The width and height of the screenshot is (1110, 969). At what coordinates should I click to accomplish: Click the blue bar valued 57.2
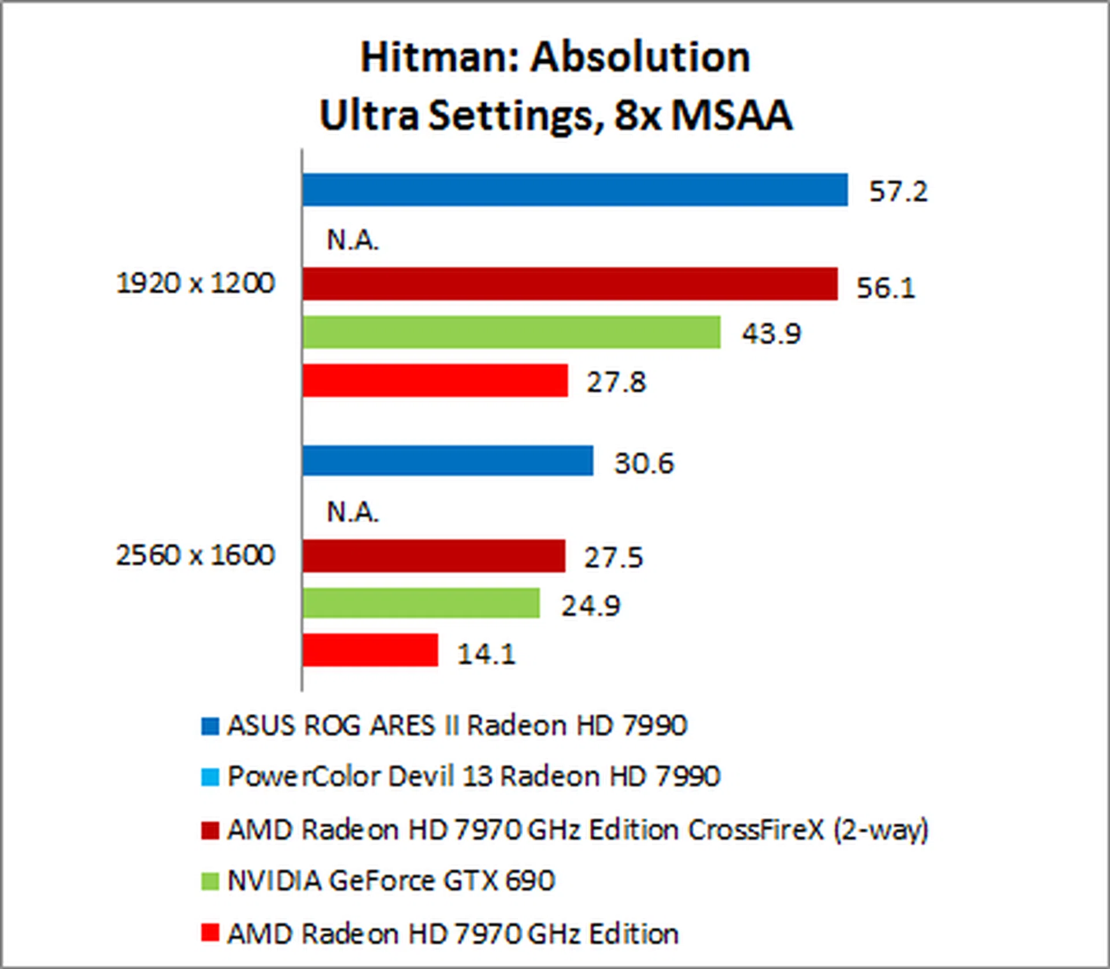pos(575,190)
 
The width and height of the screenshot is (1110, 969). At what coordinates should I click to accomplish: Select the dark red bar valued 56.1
pos(569,284)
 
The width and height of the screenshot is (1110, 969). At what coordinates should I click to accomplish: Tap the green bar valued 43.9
pos(511,332)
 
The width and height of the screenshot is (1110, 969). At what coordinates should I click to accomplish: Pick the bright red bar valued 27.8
pos(435,380)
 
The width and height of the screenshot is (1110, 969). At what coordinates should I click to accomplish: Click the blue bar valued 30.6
pos(447,461)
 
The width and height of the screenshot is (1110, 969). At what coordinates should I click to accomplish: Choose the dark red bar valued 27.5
pos(434,556)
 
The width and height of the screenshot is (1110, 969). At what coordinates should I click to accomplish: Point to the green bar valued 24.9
pos(421,603)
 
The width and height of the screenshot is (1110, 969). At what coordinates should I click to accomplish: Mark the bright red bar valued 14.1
pos(370,651)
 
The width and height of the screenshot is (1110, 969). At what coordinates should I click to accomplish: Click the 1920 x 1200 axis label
pos(195,283)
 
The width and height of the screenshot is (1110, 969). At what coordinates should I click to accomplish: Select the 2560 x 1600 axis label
pos(195,555)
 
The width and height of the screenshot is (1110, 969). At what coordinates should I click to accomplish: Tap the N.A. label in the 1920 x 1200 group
pos(353,240)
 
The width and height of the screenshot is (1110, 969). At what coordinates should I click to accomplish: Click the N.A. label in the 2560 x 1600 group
pos(353,512)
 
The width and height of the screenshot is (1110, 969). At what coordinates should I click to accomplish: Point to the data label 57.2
pos(898,191)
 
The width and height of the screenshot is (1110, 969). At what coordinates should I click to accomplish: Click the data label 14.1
pos(486,654)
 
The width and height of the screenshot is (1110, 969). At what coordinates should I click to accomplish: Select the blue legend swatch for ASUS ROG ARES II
pos(210,726)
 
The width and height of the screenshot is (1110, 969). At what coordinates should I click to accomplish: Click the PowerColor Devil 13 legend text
pos(473,776)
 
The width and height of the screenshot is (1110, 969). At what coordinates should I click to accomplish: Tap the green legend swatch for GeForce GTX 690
pos(210,882)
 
